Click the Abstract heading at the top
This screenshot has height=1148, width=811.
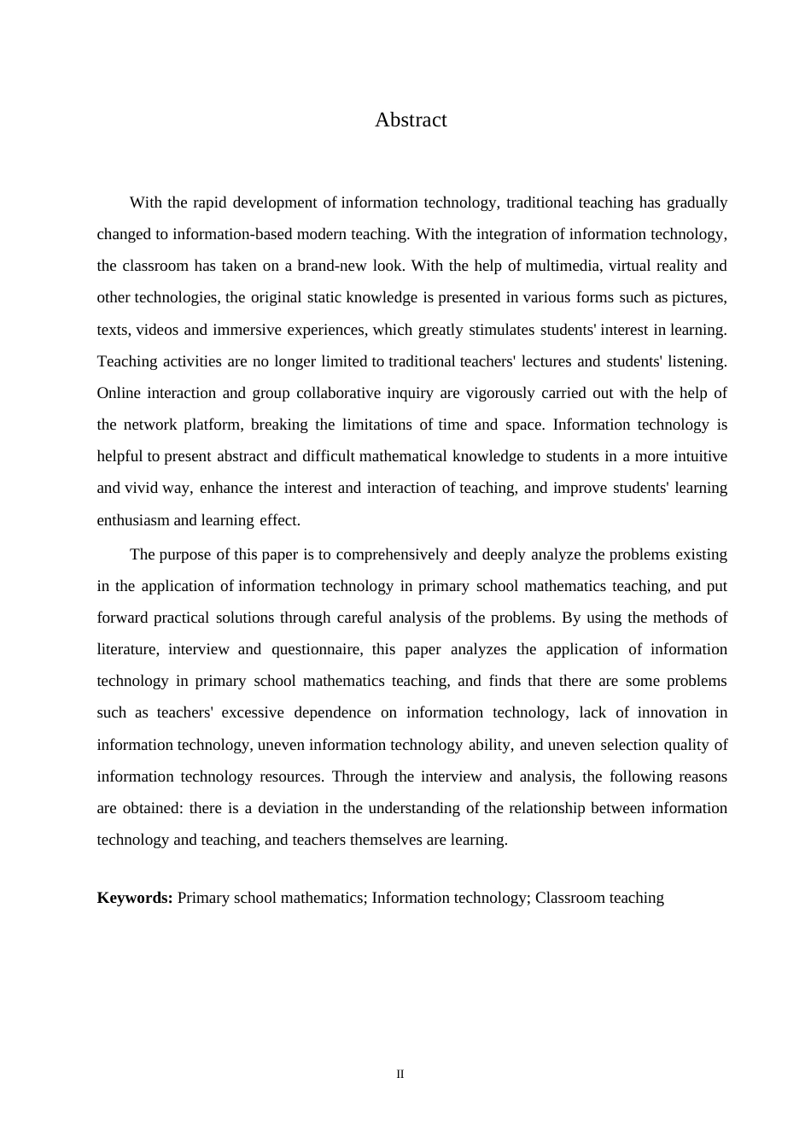pyautogui.click(x=411, y=120)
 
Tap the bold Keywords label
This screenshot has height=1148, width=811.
pyautogui.click(x=135, y=898)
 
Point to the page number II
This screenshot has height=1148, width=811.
pyautogui.click(x=400, y=1075)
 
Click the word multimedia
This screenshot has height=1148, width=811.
pyautogui.click(x=563, y=266)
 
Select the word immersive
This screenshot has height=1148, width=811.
pyautogui.click(x=247, y=330)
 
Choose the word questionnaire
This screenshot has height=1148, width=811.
pyautogui.click(x=316, y=649)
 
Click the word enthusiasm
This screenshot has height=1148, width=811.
pyautogui.click(x=133, y=520)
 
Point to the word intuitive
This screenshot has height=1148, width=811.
pyautogui.click(x=697, y=456)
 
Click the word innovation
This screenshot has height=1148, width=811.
pyautogui.click(x=671, y=712)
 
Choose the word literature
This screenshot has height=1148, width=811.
pyautogui.click(x=127, y=649)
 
